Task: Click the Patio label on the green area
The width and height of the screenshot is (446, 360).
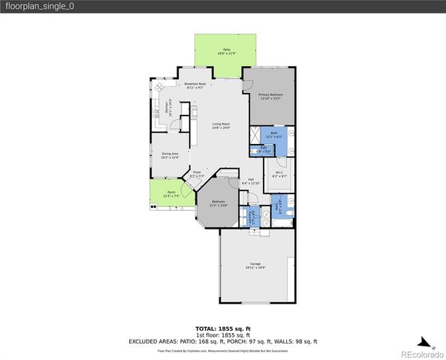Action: (x=226, y=52)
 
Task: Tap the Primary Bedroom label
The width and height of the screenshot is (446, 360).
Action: (x=270, y=96)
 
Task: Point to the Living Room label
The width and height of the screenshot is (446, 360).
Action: (x=221, y=125)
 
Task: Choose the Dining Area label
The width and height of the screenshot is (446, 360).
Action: (x=170, y=155)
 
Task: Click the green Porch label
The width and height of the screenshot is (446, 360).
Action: (x=170, y=193)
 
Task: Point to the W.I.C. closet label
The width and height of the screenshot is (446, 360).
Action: (x=278, y=175)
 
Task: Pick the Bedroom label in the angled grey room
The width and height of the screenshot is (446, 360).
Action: (x=218, y=203)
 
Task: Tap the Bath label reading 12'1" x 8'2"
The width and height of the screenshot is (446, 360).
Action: (x=273, y=136)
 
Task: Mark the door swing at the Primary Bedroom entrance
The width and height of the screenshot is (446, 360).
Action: (x=247, y=85)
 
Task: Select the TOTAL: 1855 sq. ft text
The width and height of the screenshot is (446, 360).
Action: (x=222, y=328)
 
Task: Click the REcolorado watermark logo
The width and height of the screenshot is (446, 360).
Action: (x=420, y=353)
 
